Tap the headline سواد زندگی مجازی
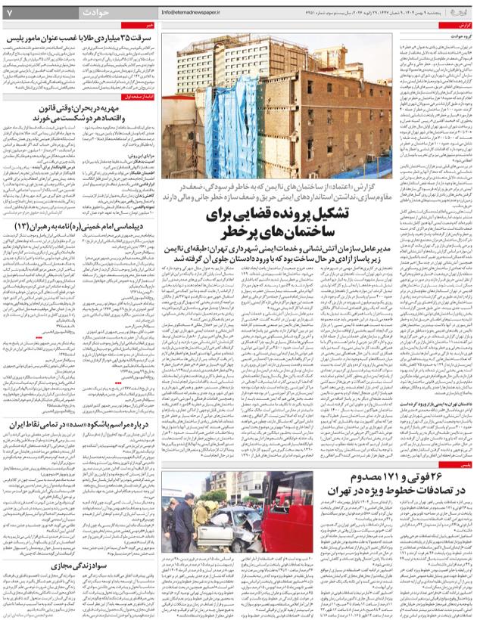[x=79, y=566]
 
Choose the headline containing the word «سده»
[x=79, y=425]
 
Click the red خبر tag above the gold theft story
[x=149, y=25]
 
